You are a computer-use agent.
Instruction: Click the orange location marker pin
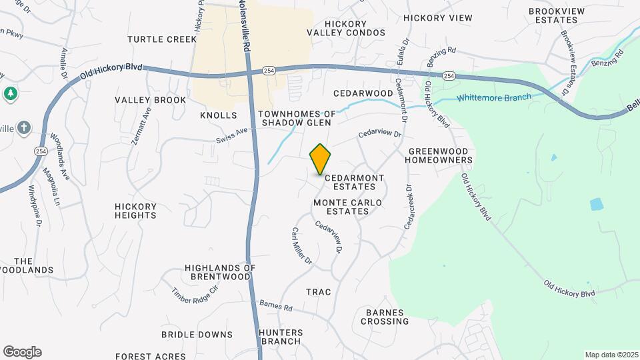click(320, 159)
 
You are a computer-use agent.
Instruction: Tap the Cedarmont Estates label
click(354, 183)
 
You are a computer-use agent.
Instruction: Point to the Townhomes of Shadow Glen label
click(297, 118)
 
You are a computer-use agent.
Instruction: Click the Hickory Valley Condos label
click(337, 28)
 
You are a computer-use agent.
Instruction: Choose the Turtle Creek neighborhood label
click(163, 39)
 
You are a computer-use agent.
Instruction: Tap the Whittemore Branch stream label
click(494, 97)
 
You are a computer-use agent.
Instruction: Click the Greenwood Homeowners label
click(440, 155)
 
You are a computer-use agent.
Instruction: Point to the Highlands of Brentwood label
click(220, 272)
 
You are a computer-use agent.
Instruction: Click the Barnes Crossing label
click(385, 317)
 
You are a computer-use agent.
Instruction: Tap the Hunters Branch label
click(281, 337)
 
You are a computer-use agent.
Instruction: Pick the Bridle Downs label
click(197, 335)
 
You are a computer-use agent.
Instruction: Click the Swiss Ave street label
click(233, 135)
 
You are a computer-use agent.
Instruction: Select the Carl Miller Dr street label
click(301, 245)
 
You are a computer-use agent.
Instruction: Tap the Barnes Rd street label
click(276, 305)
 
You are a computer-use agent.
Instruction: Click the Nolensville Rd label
click(246, 27)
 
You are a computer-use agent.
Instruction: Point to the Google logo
click(22, 352)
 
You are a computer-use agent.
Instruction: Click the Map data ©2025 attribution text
click(611, 355)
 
